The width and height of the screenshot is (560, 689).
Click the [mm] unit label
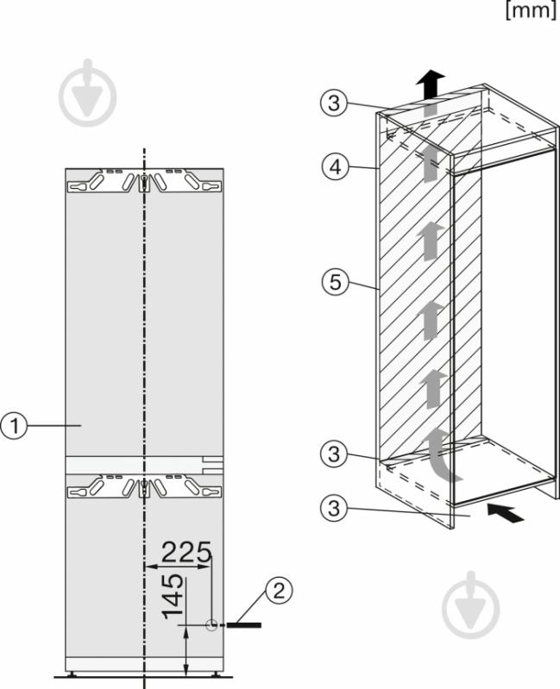531,9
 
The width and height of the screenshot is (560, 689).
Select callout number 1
15,425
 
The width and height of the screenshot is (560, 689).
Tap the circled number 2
279,591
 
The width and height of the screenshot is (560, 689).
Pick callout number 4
335,167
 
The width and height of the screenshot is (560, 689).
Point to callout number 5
335,282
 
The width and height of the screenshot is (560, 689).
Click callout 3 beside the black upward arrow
334,103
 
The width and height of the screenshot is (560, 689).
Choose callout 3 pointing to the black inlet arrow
334,509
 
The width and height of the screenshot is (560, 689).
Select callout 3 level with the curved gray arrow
334,454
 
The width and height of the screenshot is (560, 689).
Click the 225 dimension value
186,553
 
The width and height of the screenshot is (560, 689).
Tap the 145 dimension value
173,596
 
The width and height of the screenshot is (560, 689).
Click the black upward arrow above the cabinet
431,85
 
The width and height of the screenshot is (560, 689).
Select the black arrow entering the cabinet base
506,513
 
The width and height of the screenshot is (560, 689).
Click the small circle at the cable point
212,625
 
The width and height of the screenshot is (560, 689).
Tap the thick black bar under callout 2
244,625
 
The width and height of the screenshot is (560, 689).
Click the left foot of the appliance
72,673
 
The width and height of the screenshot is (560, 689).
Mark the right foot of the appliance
216,673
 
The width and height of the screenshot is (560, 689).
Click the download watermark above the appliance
88,93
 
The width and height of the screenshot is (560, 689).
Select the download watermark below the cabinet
471,605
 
